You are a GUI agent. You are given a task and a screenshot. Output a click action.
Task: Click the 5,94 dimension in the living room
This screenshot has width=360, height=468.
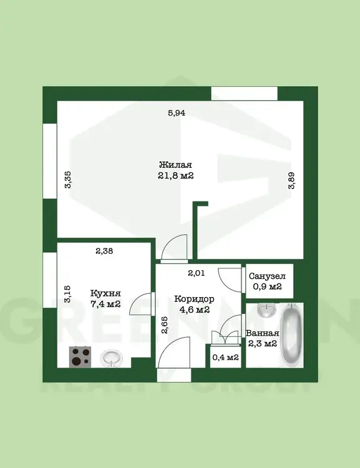[177, 113]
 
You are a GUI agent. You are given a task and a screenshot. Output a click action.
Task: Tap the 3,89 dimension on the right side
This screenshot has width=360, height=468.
[291, 180]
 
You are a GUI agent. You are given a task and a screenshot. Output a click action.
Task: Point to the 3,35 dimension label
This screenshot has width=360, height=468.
[68, 179]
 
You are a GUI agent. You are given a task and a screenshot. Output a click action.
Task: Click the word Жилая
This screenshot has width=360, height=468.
[175, 165]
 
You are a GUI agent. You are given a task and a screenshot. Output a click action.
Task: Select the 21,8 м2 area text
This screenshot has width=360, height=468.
[176, 175]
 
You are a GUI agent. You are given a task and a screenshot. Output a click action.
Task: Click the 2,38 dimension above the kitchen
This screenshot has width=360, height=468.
[104, 251]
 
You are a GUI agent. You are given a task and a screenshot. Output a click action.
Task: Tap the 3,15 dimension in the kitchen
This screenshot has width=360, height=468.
[67, 294]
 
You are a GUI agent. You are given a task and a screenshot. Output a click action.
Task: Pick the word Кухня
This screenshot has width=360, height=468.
[105, 293]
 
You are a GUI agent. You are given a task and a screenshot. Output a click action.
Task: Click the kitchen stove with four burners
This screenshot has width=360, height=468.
[80, 357]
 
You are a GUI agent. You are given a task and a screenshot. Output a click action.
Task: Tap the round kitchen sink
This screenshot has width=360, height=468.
[112, 358]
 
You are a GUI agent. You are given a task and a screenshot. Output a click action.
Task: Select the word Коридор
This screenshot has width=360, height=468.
[194, 299]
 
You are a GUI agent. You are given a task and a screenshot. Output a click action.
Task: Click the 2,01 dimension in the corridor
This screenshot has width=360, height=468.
[196, 273]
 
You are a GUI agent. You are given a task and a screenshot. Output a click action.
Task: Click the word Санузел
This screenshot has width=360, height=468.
[267, 276]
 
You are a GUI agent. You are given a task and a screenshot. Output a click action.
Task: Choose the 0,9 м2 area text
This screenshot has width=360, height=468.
[267, 286]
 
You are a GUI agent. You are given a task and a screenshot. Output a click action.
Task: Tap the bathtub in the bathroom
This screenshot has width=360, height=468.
[291, 335]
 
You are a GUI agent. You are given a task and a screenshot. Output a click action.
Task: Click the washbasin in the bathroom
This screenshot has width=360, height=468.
[266, 311]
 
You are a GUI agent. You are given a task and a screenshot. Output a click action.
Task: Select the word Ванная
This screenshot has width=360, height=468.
[263, 333]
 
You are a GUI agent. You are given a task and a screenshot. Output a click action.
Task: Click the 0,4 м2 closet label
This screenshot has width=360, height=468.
[225, 357]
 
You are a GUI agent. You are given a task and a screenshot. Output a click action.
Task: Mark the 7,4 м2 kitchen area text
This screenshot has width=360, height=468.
[105, 304]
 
